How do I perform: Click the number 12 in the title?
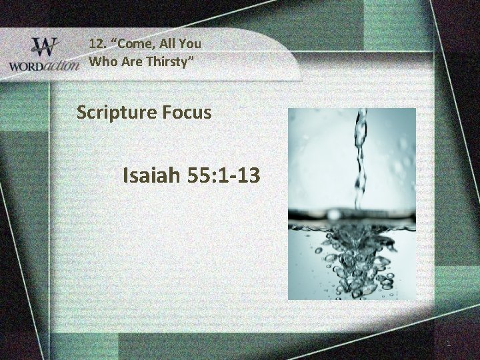97,43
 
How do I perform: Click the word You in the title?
189,43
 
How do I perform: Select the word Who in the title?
101,62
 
